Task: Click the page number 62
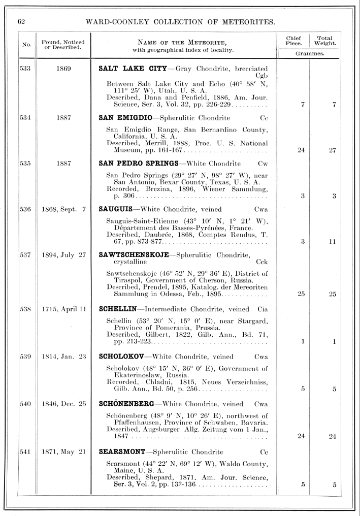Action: point(21,21)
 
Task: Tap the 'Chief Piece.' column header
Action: point(293,41)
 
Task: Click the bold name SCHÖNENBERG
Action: point(127,404)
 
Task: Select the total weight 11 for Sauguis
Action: point(332,242)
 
